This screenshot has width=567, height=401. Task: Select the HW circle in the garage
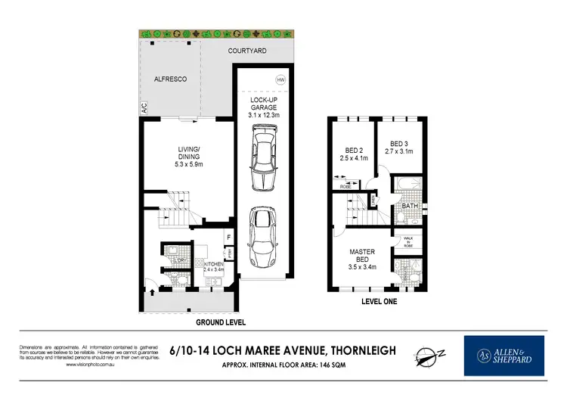[x=281, y=79]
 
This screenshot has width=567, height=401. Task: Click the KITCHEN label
[x=214, y=264]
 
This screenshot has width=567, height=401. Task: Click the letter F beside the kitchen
[x=228, y=238]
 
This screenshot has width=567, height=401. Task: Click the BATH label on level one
[x=410, y=205]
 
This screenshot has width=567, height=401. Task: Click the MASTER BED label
[x=361, y=256]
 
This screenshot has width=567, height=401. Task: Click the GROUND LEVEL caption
[x=221, y=321]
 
